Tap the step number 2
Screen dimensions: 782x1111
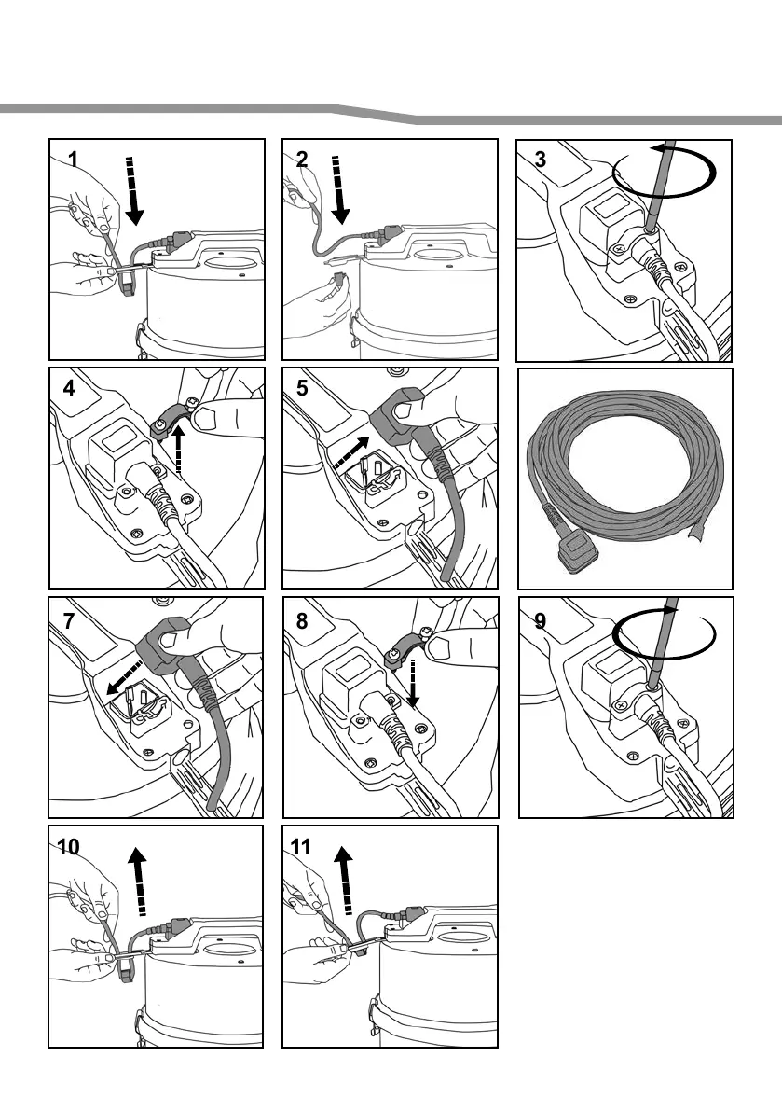coord(301,159)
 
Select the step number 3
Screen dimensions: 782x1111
coord(541,159)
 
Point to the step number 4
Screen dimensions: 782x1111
coord(69,389)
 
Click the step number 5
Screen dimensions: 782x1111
coord(301,388)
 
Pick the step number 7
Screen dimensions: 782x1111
coord(69,618)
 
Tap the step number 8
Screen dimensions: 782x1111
coord(301,618)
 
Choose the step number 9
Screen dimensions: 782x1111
coord(541,619)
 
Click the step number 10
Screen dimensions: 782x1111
coord(68,847)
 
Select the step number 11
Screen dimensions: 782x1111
coord(300,847)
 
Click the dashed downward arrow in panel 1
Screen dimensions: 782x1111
coord(134,190)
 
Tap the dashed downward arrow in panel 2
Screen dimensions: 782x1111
coord(339,190)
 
